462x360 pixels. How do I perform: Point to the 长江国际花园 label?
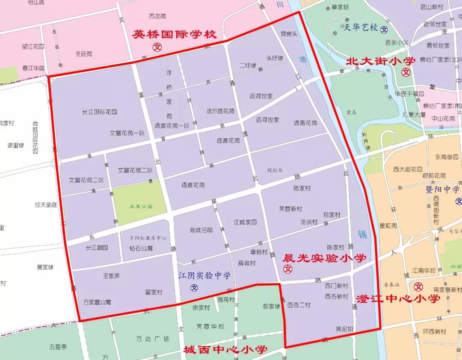(100, 112)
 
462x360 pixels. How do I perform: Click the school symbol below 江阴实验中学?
(195, 287)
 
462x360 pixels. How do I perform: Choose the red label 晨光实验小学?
(325, 258)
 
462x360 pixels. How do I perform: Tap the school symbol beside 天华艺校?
(385, 30)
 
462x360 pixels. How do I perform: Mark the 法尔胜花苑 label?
(220, 111)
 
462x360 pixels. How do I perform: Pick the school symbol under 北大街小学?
(406, 73)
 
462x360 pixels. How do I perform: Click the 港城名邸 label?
(201, 230)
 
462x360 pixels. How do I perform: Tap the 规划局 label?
(275, 170)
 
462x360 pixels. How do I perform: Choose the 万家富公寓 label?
(97, 302)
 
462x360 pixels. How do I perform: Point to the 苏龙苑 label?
(157, 16)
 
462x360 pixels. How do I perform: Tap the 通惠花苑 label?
(305, 123)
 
